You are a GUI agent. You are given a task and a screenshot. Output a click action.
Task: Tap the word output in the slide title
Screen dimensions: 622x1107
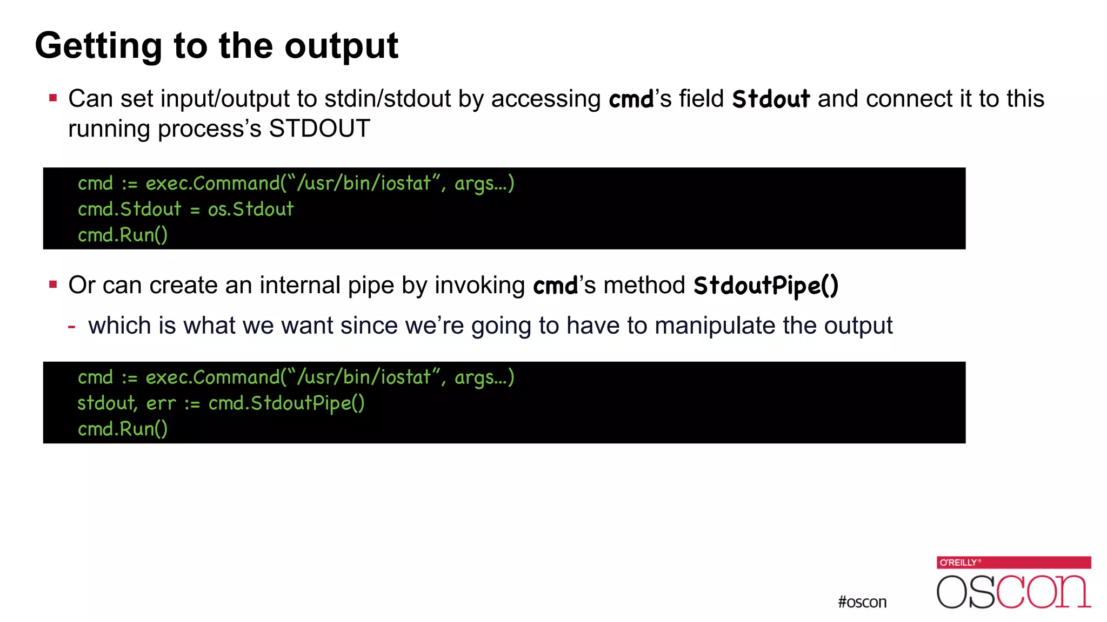(341, 46)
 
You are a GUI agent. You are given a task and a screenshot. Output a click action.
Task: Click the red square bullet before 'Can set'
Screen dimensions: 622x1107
(53, 98)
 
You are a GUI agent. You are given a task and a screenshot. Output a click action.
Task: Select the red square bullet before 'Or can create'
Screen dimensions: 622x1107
(53, 285)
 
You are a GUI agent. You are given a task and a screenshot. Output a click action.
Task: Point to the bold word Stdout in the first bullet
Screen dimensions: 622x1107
(771, 99)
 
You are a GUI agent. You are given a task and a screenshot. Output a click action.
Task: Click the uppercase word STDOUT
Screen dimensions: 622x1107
(319, 129)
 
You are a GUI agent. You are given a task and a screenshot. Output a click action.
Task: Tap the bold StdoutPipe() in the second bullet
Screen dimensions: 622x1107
(765, 286)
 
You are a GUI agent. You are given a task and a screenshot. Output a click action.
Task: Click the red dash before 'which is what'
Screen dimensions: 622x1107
(71, 326)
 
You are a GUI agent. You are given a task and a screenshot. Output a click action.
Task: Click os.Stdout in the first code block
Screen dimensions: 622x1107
(251, 209)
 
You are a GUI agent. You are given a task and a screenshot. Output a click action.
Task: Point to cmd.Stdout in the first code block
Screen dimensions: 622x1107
(129, 209)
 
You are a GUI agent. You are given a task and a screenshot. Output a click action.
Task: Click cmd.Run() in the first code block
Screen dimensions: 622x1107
(123, 235)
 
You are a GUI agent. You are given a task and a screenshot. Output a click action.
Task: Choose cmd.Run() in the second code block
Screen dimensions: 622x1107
(123, 429)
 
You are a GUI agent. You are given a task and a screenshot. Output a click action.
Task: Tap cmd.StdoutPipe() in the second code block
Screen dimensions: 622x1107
(286, 403)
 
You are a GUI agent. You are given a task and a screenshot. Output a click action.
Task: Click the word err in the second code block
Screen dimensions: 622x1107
(161, 403)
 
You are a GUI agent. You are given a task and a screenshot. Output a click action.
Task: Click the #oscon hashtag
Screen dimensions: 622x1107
(862, 602)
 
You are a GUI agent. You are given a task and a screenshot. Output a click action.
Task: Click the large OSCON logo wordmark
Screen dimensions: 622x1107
(1013, 591)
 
